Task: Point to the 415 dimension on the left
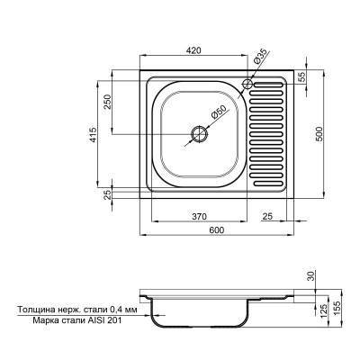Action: click(x=93, y=134)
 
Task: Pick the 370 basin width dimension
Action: click(x=200, y=217)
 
